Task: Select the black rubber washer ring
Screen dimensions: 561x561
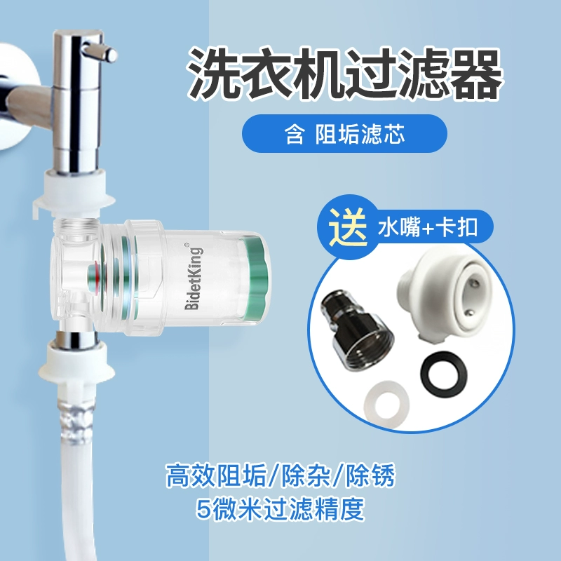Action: [x=439, y=374]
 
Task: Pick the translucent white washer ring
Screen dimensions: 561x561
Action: [x=386, y=405]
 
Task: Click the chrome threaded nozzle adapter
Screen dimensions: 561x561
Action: [x=357, y=333]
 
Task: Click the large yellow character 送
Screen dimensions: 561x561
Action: [x=349, y=226]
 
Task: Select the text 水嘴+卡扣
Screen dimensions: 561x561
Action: [x=428, y=227]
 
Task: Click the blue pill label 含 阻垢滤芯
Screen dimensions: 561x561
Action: [x=344, y=133]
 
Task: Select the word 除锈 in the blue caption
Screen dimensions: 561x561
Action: [x=370, y=476]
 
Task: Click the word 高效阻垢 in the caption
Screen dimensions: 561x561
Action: [x=217, y=476]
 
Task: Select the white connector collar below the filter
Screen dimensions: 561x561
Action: [x=74, y=367]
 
